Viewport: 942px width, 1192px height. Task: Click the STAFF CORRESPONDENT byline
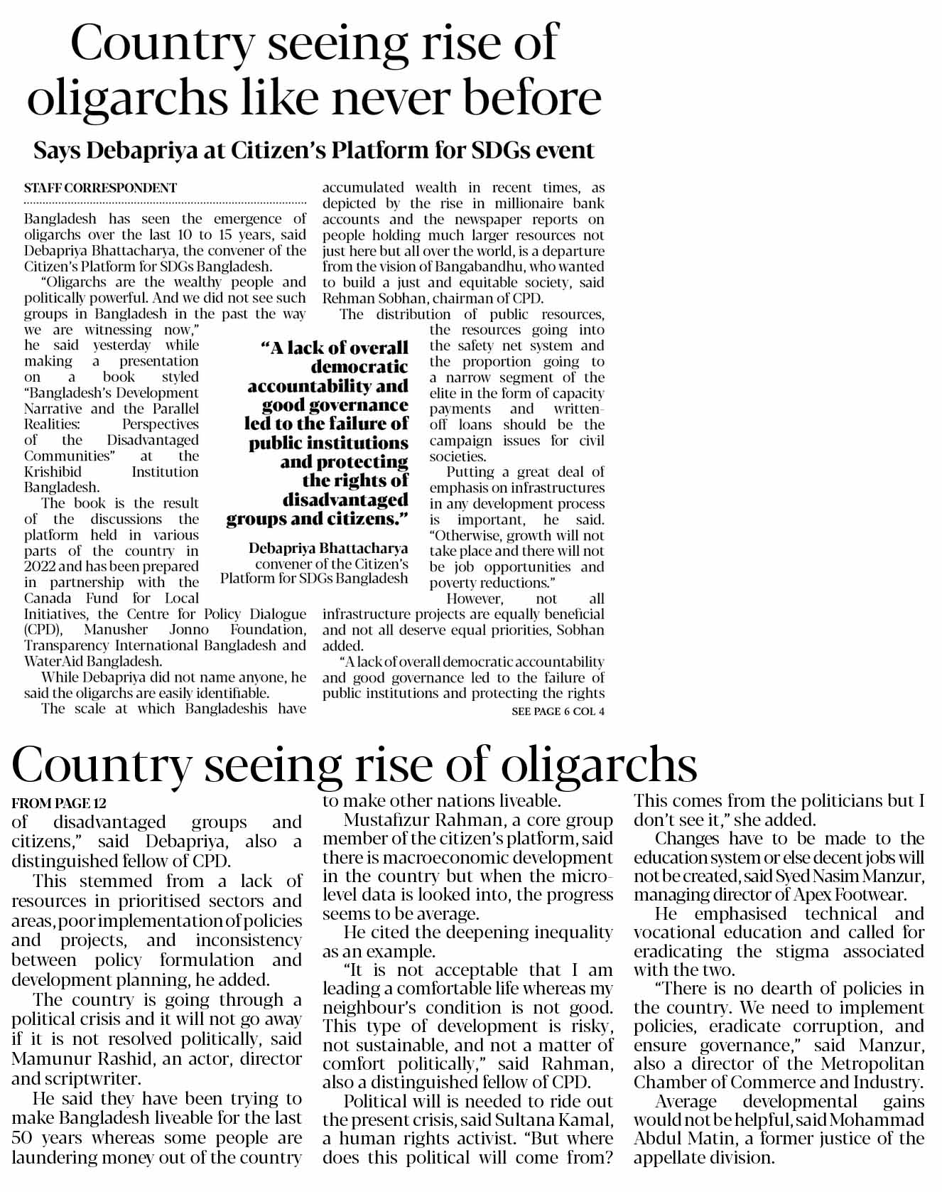point(100,188)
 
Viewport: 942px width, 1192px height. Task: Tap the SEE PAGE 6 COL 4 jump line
point(558,712)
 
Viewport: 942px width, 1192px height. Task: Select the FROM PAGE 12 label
point(59,804)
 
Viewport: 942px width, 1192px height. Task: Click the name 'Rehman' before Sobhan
point(347,299)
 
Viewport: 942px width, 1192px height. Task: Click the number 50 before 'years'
point(23,1138)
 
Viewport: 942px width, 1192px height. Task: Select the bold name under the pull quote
point(328,548)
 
